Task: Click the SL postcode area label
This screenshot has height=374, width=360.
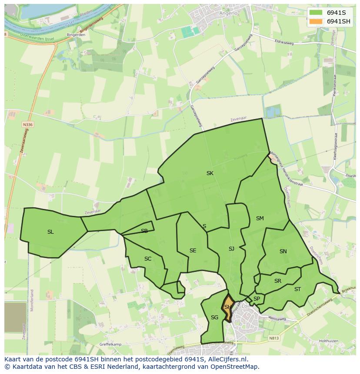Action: [x=50, y=232]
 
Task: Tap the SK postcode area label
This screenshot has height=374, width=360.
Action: [x=210, y=173]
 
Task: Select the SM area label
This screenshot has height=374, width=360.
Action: [x=260, y=218]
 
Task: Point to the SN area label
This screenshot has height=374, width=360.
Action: [x=283, y=252]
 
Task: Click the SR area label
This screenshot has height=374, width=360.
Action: [x=278, y=281]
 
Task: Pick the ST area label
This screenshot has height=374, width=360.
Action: [x=297, y=289]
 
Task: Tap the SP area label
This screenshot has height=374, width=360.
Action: [x=257, y=299]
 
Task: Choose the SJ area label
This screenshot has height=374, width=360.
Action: [x=231, y=249]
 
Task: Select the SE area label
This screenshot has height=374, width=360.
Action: [x=193, y=251]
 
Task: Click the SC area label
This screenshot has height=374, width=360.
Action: [x=148, y=259]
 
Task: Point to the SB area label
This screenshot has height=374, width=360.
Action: [x=144, y=231]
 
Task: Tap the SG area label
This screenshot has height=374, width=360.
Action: [x=214, y=318]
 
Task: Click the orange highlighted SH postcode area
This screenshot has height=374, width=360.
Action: [x=227, y=307]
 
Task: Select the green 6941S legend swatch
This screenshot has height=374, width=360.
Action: [x=316, y=13]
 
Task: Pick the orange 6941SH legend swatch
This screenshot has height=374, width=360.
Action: [x=316, y=21]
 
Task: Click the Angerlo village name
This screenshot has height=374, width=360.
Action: [x=229, y=13]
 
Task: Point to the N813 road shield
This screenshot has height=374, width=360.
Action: [x=274, y=338]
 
